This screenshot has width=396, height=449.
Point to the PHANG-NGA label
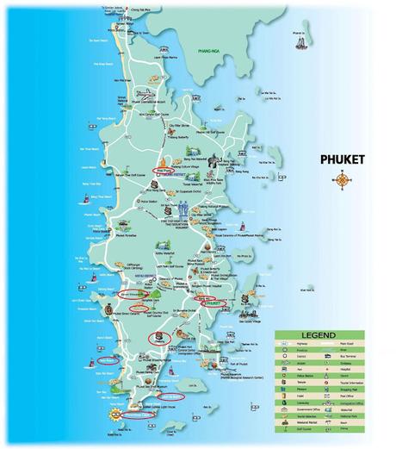pyautogui.click(x=209, y=51)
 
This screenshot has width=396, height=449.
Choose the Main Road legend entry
pyautogui.click(x=347, y=344)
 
